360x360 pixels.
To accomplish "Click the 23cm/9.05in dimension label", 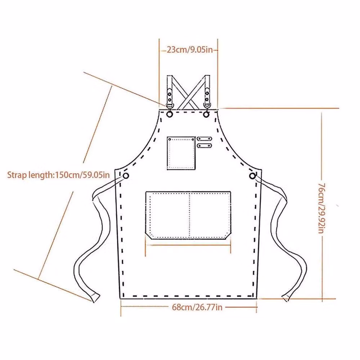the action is [x=190, y=50].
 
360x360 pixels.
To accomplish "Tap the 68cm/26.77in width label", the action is [x=197, y=307].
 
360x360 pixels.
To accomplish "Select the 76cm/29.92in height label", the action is [x=321, y=208].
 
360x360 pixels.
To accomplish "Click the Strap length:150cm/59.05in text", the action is [x=59, y=175].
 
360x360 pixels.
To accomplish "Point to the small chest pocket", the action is [x=181, y=153].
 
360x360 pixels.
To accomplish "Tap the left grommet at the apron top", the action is [x=170, y=114].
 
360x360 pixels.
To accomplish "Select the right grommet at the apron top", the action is [x=206, y=114].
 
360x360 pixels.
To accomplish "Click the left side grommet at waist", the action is [x=126, y=176].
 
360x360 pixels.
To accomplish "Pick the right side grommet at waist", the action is [x=252, y=176].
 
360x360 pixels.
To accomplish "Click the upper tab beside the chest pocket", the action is [x=204, y=139].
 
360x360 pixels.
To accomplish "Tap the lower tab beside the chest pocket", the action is [x=204, y=145].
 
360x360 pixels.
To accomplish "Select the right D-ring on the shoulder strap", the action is [x=207, y=105].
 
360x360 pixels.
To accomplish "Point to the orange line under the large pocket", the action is [x=188, y=245].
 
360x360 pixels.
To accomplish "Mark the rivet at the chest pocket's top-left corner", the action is [x=170, y=139].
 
